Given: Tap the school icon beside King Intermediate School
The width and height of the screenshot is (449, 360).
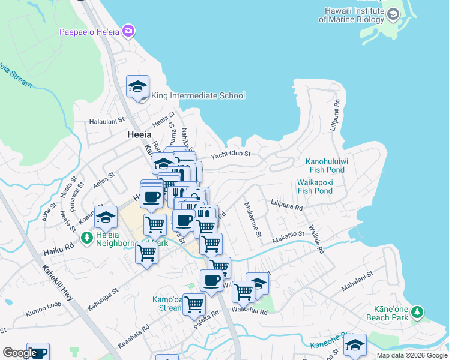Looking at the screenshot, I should pyautogui.click(x=137, y=86).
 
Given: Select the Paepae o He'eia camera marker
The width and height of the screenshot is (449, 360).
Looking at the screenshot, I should pyautogui.click(x=128, y=31).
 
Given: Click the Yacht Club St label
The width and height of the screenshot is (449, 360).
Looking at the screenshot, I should pyautogui.click(x=230, y=155).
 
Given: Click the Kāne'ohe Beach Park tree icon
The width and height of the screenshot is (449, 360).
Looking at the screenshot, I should pyautogui.click(x=417, y=312).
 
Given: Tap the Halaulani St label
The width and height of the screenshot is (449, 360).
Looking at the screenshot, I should pyautogui.click(x=106, y=121).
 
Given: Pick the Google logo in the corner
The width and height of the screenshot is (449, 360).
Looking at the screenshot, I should pyautogui.click(x=19, y=353).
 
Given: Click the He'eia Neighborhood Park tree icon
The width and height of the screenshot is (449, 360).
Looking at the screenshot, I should pyautogui.click(x=87, y=239).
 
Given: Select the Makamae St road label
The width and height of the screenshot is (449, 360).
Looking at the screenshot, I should pyautogui.click(x=252, y=218).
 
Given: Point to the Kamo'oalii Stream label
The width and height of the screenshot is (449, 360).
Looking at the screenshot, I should pyautogui.click(x=167, y=303).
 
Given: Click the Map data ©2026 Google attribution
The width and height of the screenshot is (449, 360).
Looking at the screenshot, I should pyautogui.click(x=412, y=355).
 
